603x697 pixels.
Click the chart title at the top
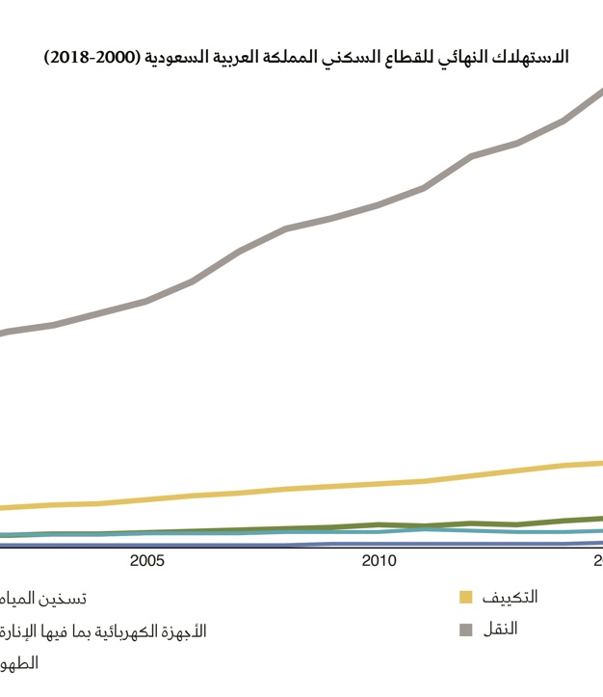[306, 58]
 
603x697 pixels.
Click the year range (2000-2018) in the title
[92, 58]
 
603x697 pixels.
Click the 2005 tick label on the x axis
[146, 561]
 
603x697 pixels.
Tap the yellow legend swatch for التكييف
[466, 598]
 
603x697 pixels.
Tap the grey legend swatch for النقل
[466, 630]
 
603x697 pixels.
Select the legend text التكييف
[510, 597]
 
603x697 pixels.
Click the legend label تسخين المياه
[42, 598]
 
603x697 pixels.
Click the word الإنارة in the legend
[20, 630]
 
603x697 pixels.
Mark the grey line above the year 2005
[146, 301]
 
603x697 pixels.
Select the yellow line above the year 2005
[146, 499]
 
